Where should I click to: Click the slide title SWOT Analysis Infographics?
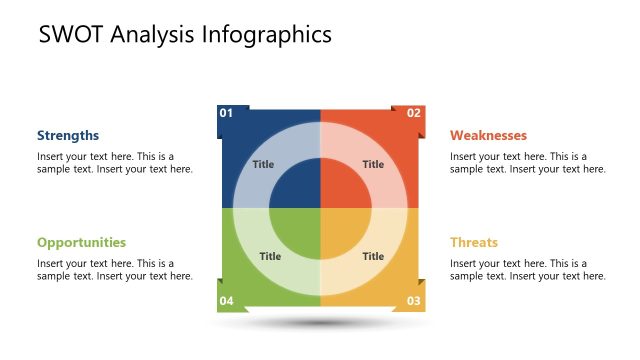(x=185, y=35)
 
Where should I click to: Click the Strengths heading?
(x=68, y=135)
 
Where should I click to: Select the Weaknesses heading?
(x=488, y=135)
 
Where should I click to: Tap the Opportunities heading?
(x=81, y=242)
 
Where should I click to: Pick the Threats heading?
(x=473, y=242)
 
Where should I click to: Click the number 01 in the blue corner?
(x=226, y=113)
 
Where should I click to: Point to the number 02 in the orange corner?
(x=413, y=113)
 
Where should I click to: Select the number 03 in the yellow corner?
(x=413, y=300)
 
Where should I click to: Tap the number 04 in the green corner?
(x=226, y=300)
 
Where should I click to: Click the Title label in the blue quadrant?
(x=263, y=164)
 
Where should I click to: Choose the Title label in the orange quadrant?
(x=373, y=164)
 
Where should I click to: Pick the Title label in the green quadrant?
(x=270, y=256)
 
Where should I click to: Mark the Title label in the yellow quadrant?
(x=373, y=256)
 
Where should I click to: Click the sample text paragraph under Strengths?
(x=114, y=162)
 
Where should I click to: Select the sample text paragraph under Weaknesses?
(x=527, y=162)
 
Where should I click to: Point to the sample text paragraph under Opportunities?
(x=114, y=269)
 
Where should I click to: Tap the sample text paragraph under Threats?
(x=527, y=269)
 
